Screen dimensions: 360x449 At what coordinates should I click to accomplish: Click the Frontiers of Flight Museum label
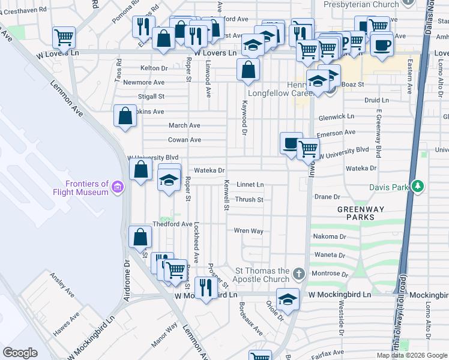[x=88, y=188]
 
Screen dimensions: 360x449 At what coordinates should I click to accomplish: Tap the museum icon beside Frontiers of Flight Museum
[x=118, y=188]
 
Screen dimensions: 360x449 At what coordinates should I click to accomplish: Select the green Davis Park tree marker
[x=417, y=187]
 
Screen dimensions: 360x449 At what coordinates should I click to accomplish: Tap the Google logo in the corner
[x=20, y=352]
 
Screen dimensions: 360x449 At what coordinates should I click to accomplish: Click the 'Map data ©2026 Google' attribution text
[x=411, y=355]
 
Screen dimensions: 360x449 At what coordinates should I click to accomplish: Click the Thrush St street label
[x=250, y=200]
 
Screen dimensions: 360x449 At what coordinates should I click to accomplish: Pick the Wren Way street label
[x=249, y=230]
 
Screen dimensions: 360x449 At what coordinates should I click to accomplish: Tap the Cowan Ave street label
[x=184, y=140]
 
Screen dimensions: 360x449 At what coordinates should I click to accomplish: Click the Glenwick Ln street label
[x=337, y=117]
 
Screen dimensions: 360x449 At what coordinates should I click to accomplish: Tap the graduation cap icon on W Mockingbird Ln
[x=288, y=298]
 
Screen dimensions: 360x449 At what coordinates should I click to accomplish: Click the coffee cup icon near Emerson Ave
[x=291, y=143]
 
